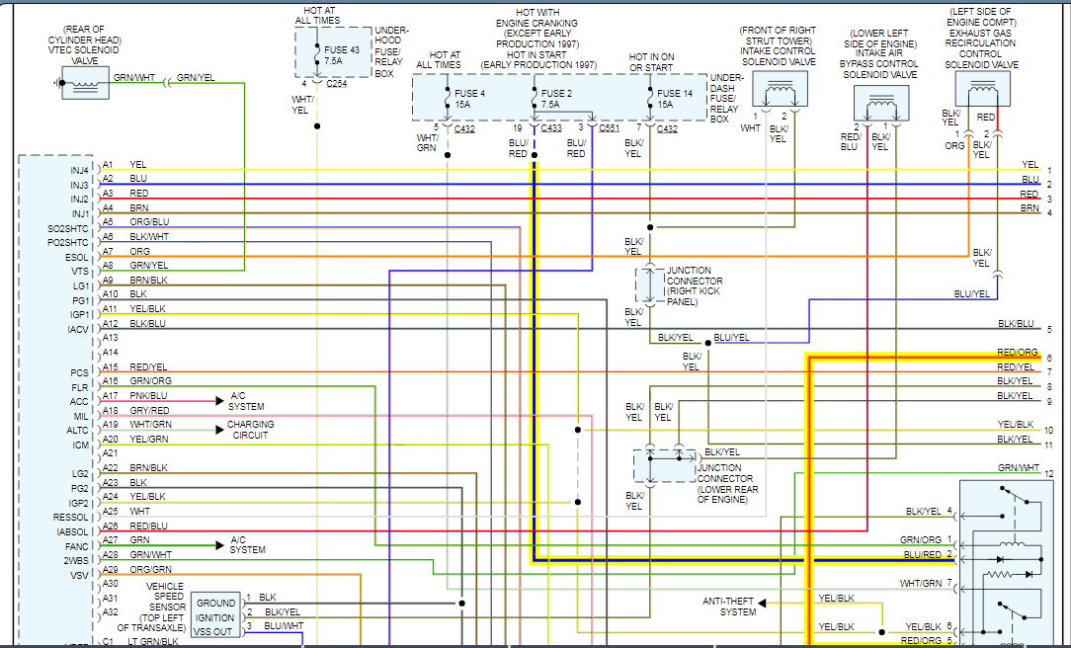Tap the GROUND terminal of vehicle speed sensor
point(215,603)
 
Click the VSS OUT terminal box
point(215,631)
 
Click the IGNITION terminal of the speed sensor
point(215,617)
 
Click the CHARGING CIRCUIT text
point(251,430)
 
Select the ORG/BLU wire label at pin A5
point(149,222)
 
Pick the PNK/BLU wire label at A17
point(149,395)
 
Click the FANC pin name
point(78,546)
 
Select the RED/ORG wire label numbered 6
point(1018,353)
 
